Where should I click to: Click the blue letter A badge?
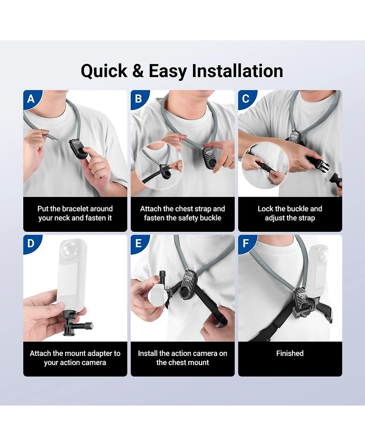pos(31,99)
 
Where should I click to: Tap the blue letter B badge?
pos(139,99)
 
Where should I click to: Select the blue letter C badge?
pos(246,99)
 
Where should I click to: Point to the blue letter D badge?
pos(31,243)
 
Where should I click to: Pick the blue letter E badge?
pos(139,243)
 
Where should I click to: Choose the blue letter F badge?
pos(246,243)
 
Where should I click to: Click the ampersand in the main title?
pos(138,71)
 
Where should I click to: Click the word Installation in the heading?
pos(237,71)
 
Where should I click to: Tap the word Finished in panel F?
pos(290,353)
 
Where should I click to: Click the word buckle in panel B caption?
pos(211,218)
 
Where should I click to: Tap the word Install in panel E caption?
pos(147,353)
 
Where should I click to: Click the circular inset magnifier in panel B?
pos(159,167)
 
